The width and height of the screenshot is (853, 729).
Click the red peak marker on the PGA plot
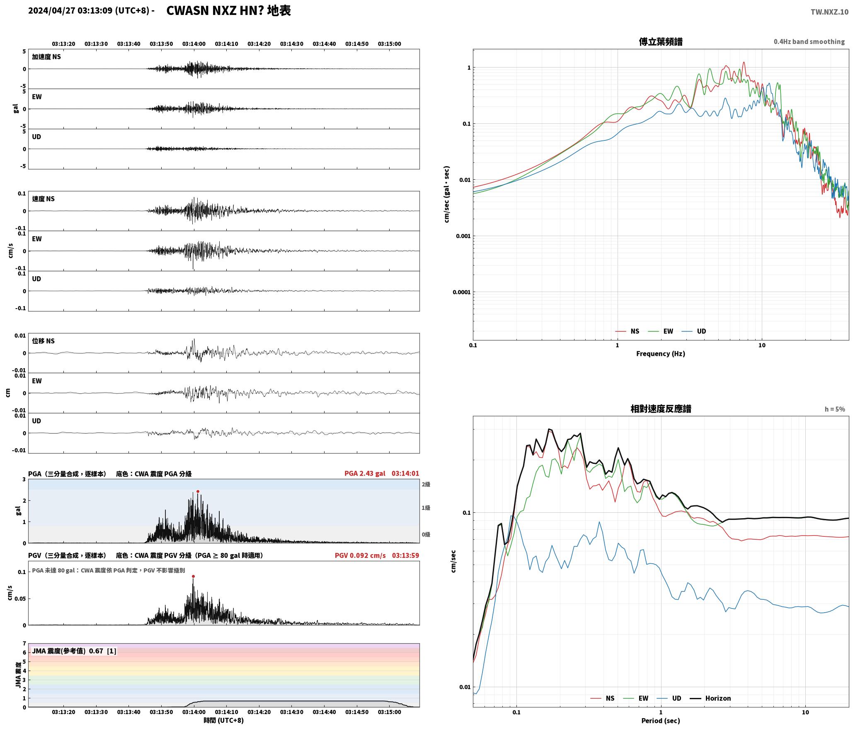(198, 492)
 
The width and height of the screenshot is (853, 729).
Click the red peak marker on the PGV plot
(193, 576)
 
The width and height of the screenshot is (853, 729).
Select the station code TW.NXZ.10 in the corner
(829, 12)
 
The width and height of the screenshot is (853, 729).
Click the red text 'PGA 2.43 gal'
(365, 473)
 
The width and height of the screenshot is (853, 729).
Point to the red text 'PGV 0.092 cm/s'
(360, 555)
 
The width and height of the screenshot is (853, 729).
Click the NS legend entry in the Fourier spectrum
(627, 331)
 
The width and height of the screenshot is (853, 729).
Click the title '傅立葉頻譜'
(661, 42)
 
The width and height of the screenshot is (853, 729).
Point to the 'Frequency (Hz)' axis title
(661, 354)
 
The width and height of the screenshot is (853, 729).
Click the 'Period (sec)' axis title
(661, 721)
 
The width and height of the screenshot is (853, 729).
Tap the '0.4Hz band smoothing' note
(809, 42)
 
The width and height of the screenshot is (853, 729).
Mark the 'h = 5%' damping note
(835, 409)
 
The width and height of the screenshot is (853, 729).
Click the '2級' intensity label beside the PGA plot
(426, 485)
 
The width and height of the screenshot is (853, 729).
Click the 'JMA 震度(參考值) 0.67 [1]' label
(74, 651)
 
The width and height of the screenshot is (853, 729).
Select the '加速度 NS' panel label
(46, 57)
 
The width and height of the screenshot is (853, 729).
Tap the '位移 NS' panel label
(44, 341)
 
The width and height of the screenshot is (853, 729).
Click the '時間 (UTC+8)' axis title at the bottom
(224, 720)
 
